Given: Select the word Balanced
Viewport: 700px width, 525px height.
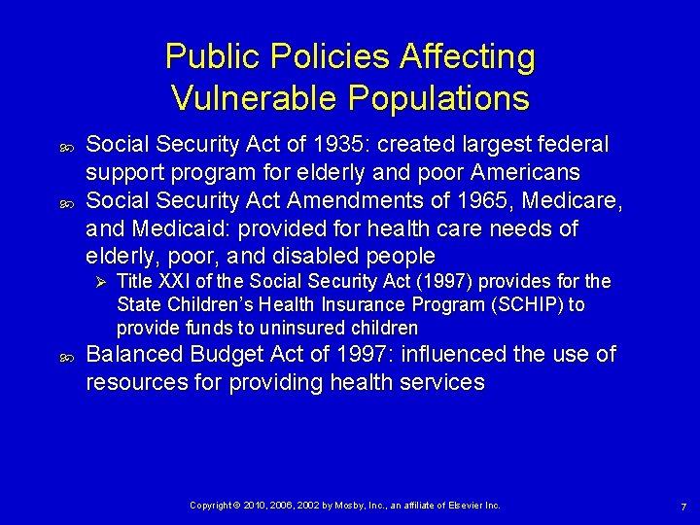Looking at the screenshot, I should pyautogui.click(x=133, y=354).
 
